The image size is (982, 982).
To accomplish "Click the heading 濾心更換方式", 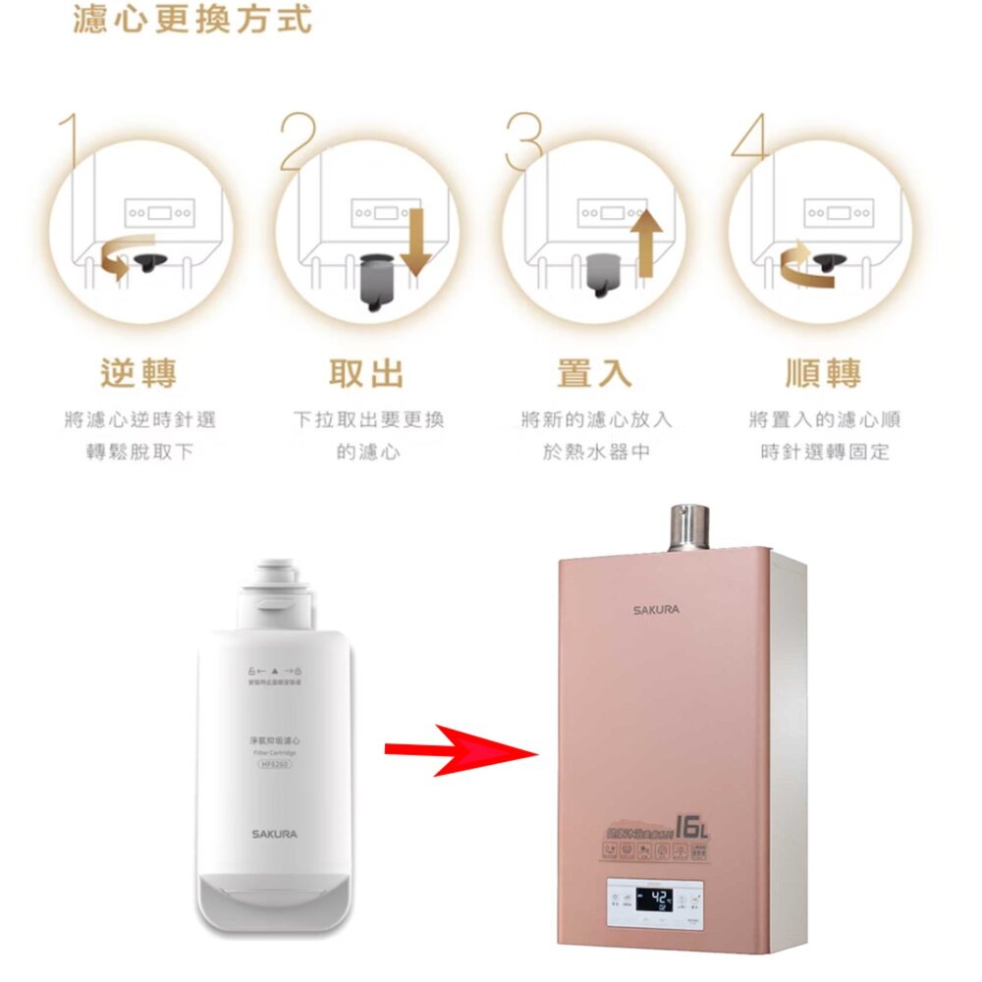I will click(192, 20).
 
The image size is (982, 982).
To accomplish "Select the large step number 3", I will click(522, 142).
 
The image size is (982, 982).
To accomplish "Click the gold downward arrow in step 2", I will click(415, 241).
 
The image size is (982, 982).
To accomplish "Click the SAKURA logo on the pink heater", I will click(655, 610).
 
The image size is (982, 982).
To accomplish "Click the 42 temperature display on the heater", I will click(655, 897).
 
